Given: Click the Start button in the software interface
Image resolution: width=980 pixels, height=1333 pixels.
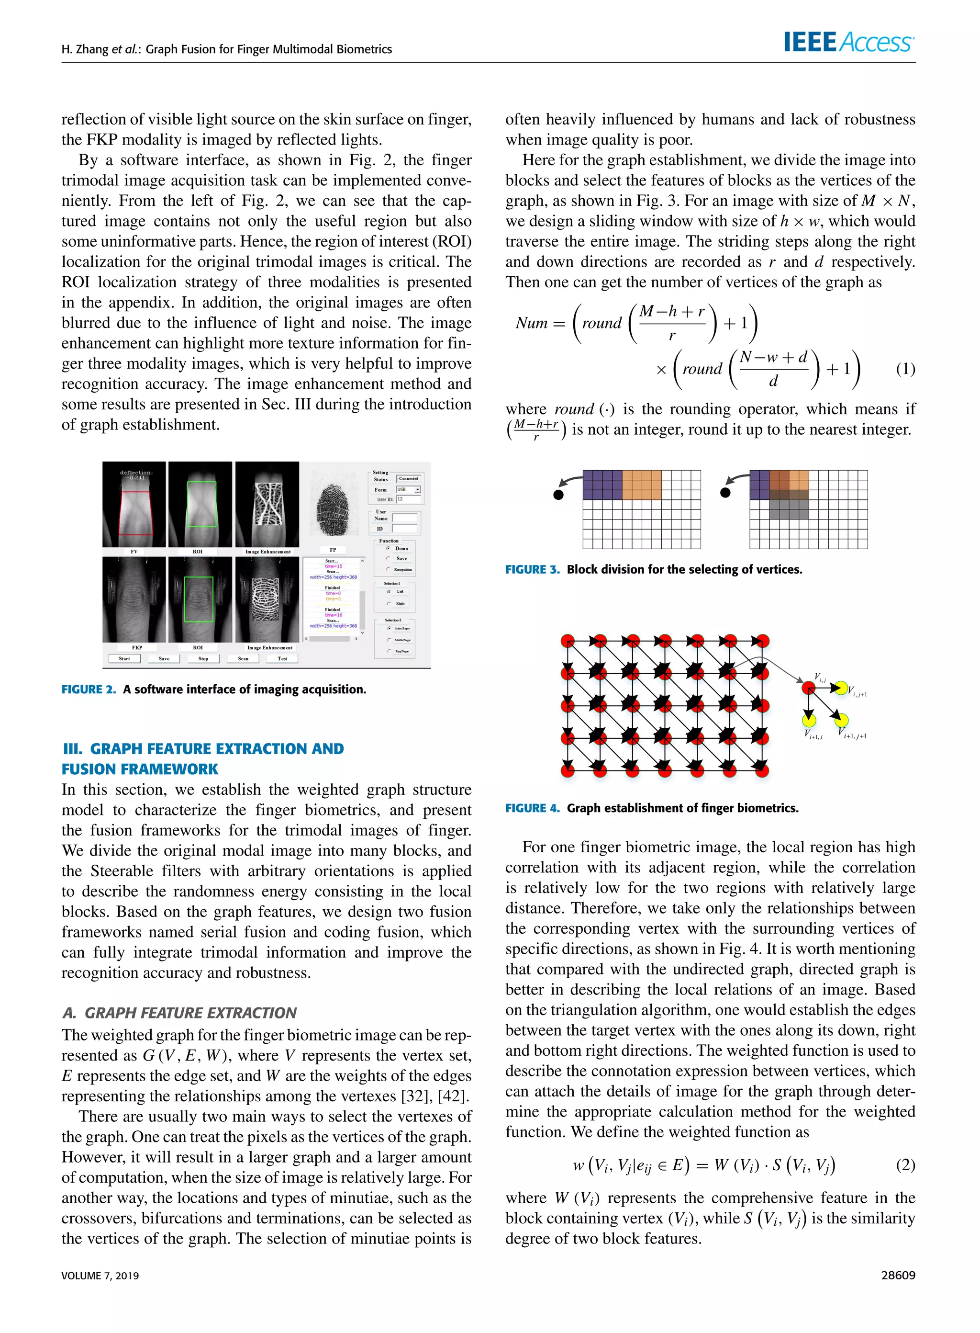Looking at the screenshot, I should tap(124, 658).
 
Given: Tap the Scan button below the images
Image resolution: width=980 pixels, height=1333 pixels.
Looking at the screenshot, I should tap(243, 658).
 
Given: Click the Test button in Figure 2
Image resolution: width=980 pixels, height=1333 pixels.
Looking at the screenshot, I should tap(282, 658).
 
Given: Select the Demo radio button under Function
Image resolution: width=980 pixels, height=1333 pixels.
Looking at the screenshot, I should tap(389, 548).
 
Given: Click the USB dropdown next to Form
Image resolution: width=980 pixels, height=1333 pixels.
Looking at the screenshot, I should tap(408, 490).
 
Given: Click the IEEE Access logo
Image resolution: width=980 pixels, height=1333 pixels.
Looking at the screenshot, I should tap(848, 42).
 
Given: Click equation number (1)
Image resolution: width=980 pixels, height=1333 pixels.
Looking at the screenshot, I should tap(905, 369).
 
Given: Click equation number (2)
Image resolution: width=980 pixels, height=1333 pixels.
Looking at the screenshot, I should tap(905, 1164).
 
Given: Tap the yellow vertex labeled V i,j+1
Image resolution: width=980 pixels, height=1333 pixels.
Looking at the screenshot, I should tap(840, 688).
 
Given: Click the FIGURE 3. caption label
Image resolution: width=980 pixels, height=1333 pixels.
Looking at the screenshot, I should tap(532, 569).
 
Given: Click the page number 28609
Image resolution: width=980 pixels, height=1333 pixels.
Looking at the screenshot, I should tap(898, 1275).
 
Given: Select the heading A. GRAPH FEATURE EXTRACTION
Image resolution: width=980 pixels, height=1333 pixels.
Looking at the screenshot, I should tap(179, 1013).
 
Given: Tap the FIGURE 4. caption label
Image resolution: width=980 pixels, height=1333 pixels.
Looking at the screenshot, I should tap(532, 808).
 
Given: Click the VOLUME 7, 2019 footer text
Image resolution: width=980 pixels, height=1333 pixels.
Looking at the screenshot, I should tap(100, 1276).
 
